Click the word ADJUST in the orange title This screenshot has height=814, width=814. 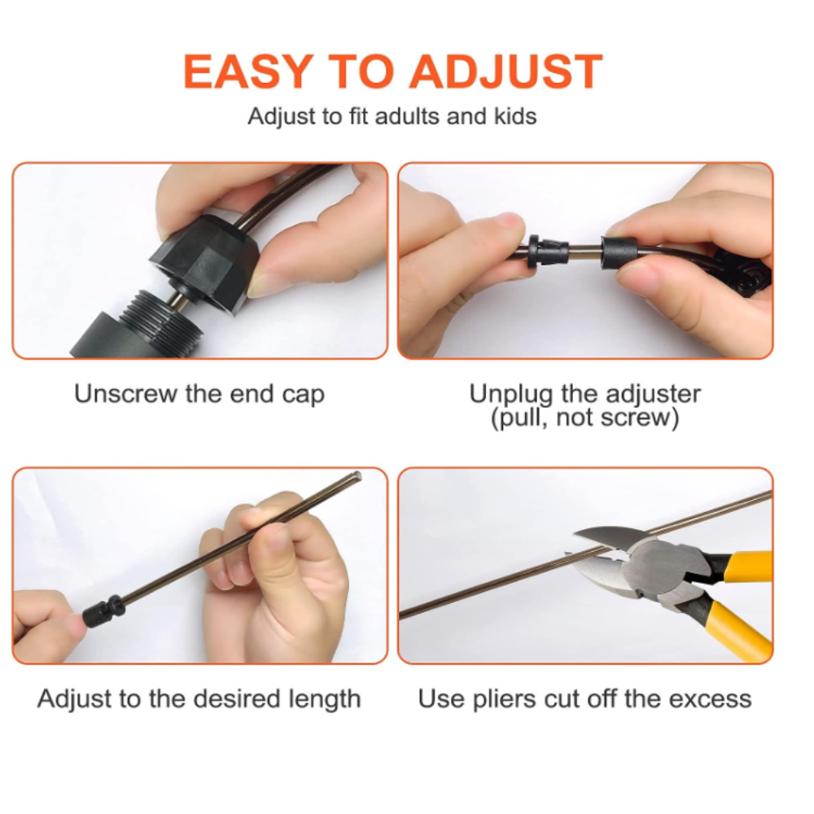tap(506, 72)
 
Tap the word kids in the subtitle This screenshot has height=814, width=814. tap(515, 116)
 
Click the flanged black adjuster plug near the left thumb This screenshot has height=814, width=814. tap(547, 251)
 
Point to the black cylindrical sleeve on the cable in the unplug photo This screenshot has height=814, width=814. tap(619, 253)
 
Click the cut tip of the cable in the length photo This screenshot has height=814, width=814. tap(357, 475)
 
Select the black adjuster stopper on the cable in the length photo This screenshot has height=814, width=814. tap(104, 611)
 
